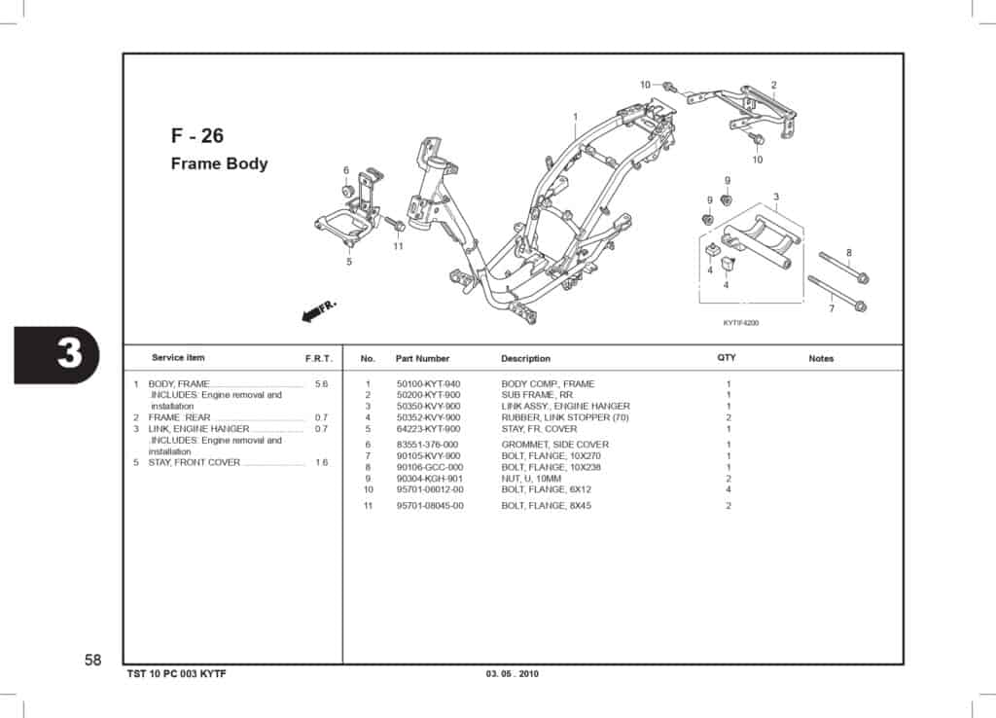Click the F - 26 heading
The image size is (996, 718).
click(196, 135)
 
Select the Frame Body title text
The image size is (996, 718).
click(219, 163)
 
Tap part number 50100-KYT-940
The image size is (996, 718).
click(428, 384)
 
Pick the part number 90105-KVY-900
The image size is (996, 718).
click(428, 456)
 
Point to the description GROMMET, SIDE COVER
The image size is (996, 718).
click(554, 445)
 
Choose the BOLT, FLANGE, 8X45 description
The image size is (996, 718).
click(546, 506)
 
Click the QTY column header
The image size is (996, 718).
click(727, 358)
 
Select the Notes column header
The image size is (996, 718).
click(821, 359)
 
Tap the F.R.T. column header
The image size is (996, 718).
click(319, 359)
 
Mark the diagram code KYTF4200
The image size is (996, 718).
click(740, 323)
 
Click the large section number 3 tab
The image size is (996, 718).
click(69, 354)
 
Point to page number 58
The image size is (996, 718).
click(92, 661)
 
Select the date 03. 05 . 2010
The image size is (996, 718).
click(512, 674)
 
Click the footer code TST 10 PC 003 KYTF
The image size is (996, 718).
click(178, 674)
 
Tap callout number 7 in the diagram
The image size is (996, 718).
click(831, 309)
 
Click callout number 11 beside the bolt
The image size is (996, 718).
click(398, 246)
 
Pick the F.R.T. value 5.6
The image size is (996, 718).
click(322, 384)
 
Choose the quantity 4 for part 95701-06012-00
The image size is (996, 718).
click(728, 489)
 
